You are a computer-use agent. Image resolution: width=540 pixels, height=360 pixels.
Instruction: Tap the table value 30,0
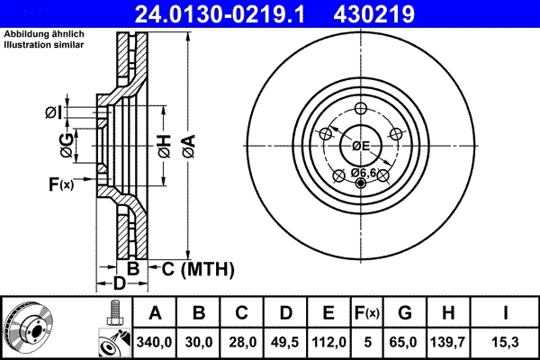pos(199,343)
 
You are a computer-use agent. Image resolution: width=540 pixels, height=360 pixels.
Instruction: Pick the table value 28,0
pos(242,343)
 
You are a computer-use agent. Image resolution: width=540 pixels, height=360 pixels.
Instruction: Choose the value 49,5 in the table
pos(285,343)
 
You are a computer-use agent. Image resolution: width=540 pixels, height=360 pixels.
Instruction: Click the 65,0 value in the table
pos(405,343)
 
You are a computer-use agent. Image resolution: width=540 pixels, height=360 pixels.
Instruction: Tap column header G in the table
pos(405,314)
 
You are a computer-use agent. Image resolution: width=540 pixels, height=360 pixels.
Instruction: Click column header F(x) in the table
pos(367,314)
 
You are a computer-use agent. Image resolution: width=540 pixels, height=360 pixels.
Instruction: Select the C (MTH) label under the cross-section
pos(197,268)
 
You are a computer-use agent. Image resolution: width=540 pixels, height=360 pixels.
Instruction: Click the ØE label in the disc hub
pos(361,146)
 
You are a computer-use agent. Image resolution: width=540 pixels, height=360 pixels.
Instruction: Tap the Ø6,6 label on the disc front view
pos(363,172)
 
